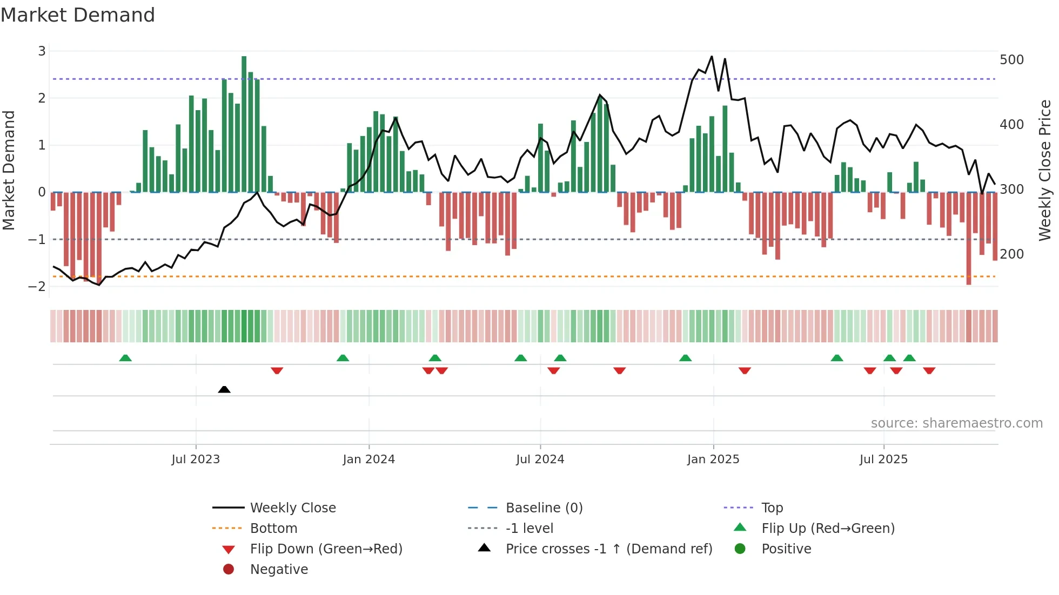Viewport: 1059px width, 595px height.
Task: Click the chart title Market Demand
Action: coord(78,15)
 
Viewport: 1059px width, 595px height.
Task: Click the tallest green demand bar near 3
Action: coord(244,124)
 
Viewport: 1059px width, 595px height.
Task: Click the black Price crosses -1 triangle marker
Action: coord(224,389)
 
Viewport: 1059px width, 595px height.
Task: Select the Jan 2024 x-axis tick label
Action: coord(368,459)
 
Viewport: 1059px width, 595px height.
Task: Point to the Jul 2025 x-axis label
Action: coord(883,459)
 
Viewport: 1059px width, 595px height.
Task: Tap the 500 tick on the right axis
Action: coord(1011,60)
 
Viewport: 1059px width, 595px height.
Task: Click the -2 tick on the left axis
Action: coord(37,286)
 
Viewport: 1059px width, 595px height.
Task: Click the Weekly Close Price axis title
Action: coord(1045,170)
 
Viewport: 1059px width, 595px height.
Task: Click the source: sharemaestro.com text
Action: coord(956,423)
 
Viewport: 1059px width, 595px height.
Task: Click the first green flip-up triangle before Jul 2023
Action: coord(125,358)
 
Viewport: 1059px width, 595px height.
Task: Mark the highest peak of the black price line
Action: coord(712,57)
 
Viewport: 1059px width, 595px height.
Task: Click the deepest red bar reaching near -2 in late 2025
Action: coord(969,238)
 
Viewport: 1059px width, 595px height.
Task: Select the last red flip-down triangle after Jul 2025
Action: coord(929,370)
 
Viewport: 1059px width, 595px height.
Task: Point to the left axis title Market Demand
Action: coord(9,170)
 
